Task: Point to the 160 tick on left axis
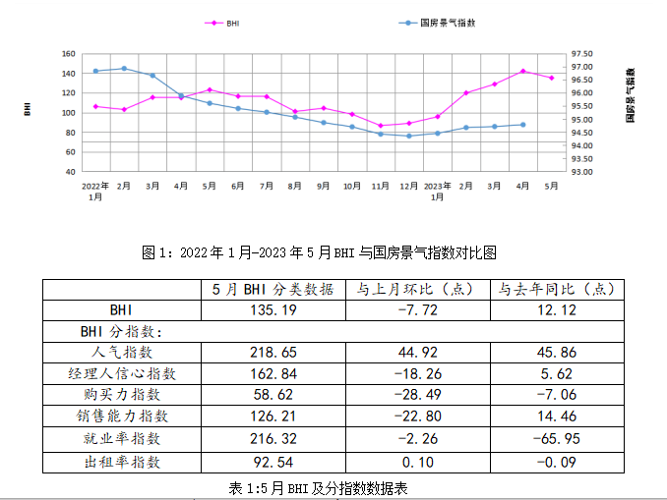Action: pos(69,54)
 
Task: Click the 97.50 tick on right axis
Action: pos(582,54)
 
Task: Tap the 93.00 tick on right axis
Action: pos(582,172)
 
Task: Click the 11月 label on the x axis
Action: pos(381,185)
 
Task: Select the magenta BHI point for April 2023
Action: pos(522,71)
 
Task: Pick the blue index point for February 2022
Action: pos(124,69)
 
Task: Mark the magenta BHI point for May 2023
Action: pos(551,78)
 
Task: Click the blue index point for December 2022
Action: pos(409,136)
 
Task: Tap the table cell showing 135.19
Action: pos(273,310)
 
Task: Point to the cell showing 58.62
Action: pos(273,395)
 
